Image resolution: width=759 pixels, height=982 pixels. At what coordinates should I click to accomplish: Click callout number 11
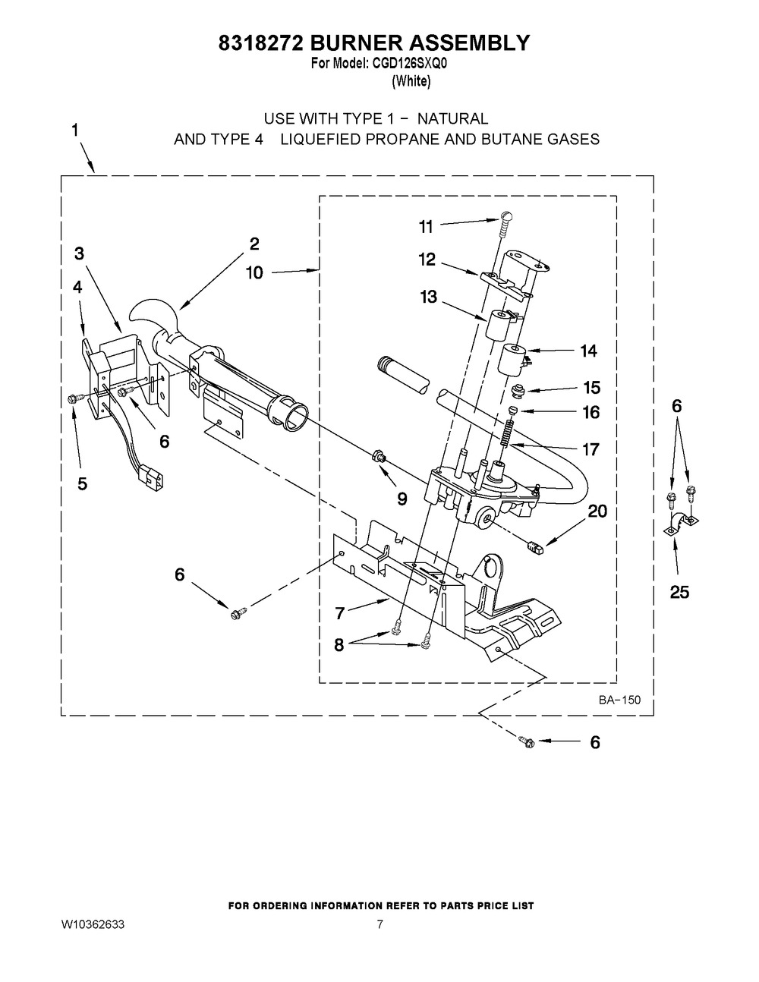[426, 226]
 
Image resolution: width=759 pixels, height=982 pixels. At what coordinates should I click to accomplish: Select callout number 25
[679, 592]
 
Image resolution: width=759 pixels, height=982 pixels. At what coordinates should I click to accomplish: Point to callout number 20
[597, 511]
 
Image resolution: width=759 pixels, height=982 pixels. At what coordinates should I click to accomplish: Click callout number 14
[588, 351]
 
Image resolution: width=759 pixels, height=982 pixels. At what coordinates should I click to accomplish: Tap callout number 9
[402, 499]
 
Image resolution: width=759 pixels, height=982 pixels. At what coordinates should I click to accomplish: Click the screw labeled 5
[74, 397]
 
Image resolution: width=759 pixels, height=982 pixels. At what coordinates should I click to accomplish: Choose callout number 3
[79, 254]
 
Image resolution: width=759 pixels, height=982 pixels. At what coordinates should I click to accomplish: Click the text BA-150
[619, 700]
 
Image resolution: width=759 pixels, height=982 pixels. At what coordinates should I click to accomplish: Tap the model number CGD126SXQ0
[410, 65]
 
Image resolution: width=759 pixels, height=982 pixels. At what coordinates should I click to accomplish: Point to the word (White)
[411, 81]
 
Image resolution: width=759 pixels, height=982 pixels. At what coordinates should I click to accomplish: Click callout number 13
[429, 297]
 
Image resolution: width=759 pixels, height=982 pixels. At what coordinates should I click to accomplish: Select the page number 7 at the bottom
[379, 925]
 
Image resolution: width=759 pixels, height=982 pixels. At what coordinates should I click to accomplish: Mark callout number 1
[74, 131]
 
